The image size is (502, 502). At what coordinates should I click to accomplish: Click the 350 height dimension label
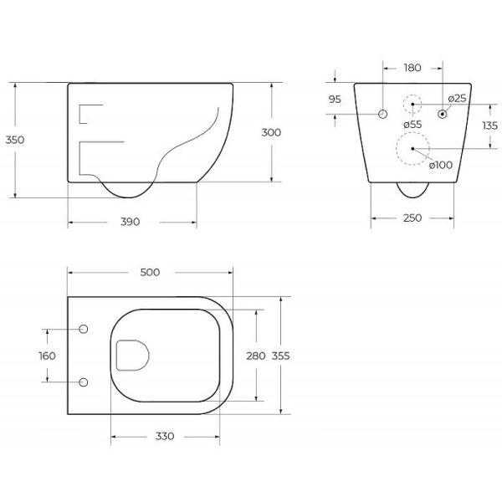point(15,140)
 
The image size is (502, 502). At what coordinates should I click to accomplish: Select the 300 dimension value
point(271,132)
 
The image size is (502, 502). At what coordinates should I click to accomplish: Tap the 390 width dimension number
point(131,222)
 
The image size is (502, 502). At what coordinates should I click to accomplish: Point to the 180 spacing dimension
point(412,68)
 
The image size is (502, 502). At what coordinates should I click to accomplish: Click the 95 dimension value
point(335,100)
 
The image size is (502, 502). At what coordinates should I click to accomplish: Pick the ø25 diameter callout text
point(457,99)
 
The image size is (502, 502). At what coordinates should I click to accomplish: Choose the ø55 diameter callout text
point(412,125)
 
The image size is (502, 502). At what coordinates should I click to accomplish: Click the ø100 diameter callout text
point(441,165)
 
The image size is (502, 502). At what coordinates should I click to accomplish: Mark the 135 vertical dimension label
point(489,125)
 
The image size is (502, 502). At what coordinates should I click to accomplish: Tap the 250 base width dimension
point(412,218)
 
